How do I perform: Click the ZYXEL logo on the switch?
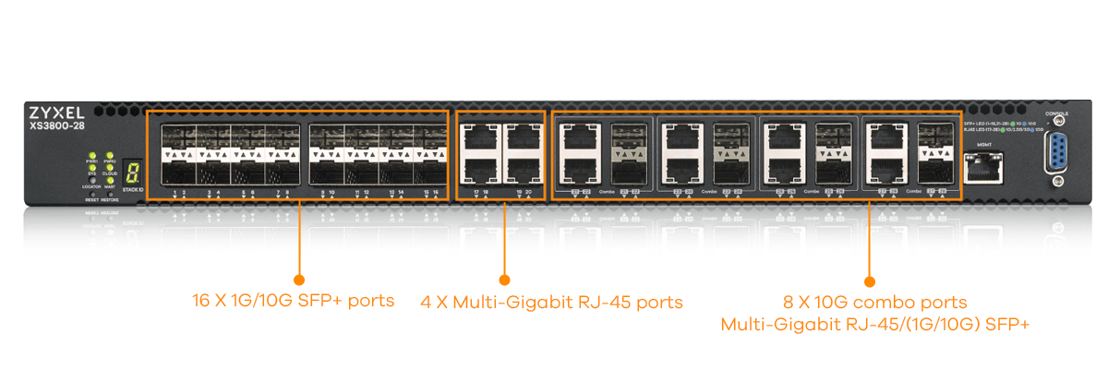[x=57, y=111]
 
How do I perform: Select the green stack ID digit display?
[x=133, y=172]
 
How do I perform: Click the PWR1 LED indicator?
[x=92, y=158]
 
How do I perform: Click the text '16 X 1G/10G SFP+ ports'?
[x=294, y=301]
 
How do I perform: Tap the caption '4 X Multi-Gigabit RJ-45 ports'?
[x=552, y=302]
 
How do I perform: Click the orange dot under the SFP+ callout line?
[x=298, y=279]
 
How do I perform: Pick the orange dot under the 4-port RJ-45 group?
[x=504, y=279]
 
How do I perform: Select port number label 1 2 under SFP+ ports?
[x=180, y=192]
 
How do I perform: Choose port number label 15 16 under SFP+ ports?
[x=431, y=192]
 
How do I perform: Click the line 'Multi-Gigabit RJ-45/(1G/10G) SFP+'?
[x=874, y=324]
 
